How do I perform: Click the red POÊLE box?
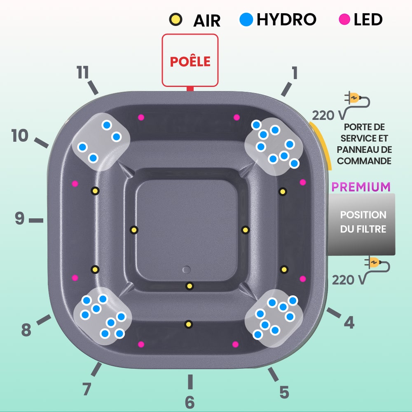(x=190, y=60)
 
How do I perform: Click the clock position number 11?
(x=83, y=73)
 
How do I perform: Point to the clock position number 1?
(x=294, y=73)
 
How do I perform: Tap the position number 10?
(x=20, y=136)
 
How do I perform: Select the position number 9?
(x=20, y=219)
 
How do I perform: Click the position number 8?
(x=26, y=330)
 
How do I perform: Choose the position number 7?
(x=87, y=389)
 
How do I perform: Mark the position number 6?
(x=190, y=402)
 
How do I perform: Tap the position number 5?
(x=284, y=392)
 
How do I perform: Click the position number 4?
(x=349, y=323)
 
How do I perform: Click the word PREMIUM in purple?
(x=361, y=187)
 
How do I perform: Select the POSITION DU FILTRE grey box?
(x=363, y=222)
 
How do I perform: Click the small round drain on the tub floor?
(x=187, y=270)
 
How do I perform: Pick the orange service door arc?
(x=323, y=142)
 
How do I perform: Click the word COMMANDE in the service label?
(x=364, y=161)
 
